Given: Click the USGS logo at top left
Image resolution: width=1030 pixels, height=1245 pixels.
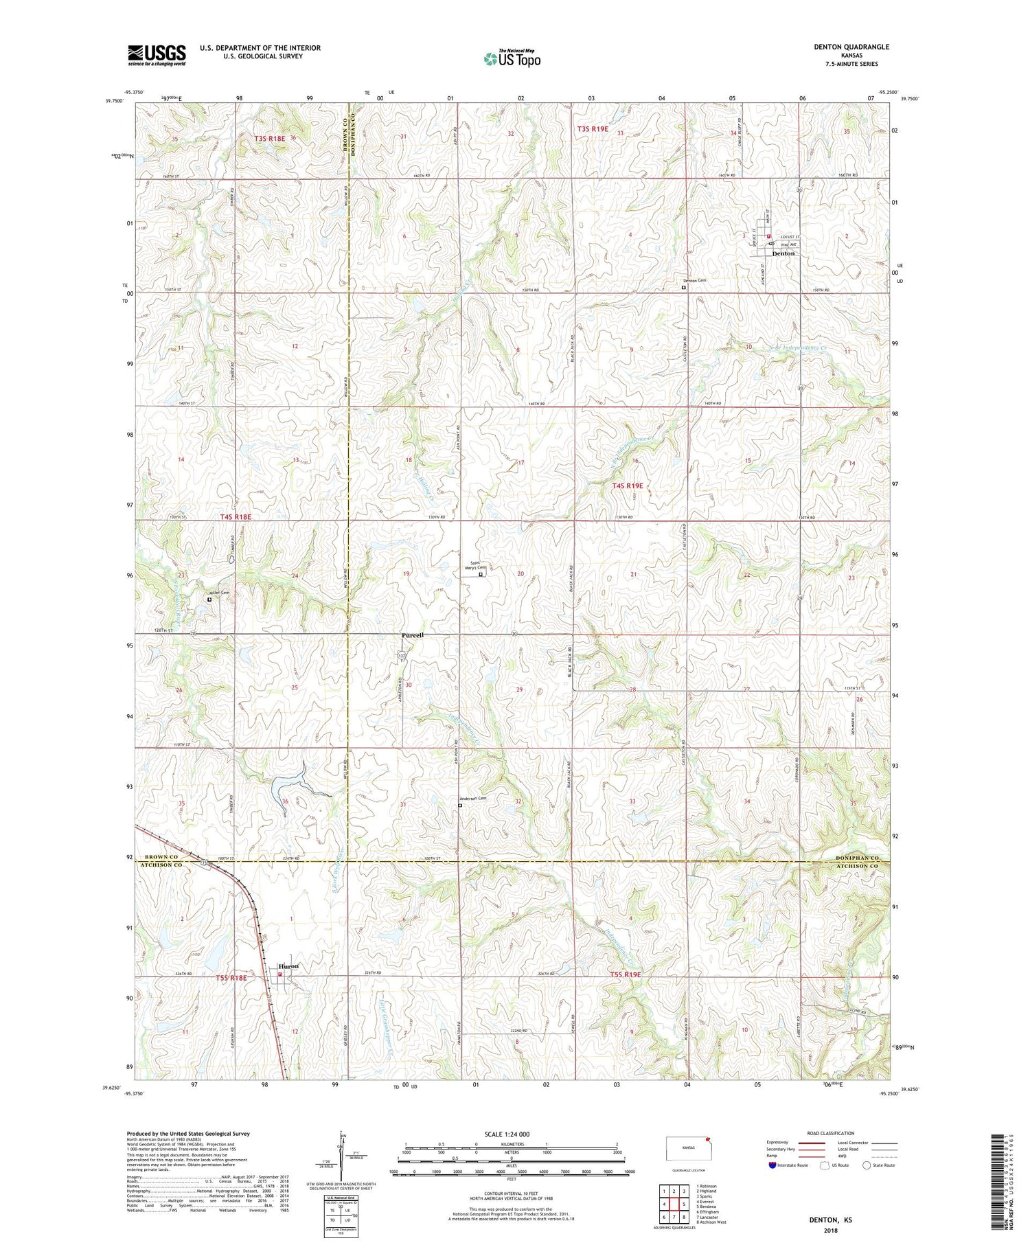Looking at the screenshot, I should (157, 55).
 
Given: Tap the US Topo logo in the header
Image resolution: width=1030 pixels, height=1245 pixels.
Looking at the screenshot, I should (512, 59).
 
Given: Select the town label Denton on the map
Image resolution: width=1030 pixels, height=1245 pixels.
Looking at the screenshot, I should (783, 253).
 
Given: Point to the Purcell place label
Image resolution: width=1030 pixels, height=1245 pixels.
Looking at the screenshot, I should (412, 635).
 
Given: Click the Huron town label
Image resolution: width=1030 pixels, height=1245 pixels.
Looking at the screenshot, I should (289, 966).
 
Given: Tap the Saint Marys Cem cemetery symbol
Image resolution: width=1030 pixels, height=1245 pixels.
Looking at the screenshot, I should (480, 575).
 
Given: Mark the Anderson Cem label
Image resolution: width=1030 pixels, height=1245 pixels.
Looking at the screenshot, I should (472, 798).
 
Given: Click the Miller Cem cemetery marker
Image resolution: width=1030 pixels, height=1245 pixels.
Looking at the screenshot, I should (209, 599).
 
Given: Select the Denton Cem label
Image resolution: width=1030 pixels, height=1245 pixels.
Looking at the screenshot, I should (694, 280).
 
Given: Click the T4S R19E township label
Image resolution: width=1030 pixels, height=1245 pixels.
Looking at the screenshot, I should (627, 486).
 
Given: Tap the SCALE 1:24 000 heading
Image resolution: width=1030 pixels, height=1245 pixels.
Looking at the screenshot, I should (507, 1134).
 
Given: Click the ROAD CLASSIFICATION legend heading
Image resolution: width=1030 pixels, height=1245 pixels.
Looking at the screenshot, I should (831, 1133).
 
